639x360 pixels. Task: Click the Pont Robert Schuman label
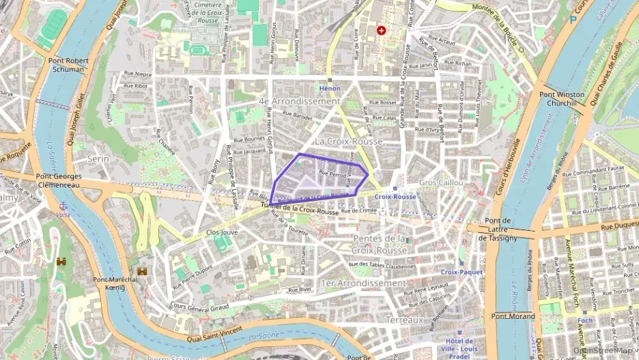click(x=67, y=65)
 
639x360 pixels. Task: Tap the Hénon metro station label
click(x=330, y=89)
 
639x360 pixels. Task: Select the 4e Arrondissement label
click(x=299, y=101)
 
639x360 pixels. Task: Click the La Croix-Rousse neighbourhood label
click(x=347, y=141)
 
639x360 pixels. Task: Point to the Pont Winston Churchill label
click(x=562, y=98)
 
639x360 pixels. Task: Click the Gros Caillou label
click(x=441, y=183)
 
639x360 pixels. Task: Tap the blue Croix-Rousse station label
click(x=395, y=197)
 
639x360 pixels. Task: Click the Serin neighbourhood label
click(x=99, y=158)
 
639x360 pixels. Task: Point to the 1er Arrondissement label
click(x=363, y=283)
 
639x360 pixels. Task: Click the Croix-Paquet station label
click(x=461, y=272)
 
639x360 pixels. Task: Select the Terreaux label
click(x=405, y=320)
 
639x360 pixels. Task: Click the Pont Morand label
click(x=513, y=316)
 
